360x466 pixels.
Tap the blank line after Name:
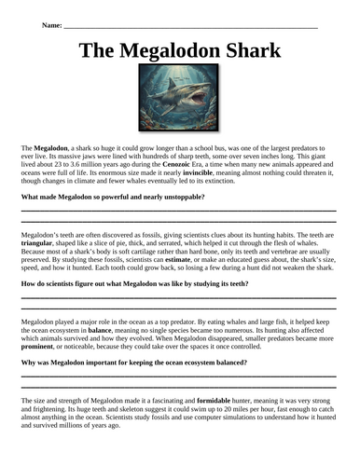coord(187,28)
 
